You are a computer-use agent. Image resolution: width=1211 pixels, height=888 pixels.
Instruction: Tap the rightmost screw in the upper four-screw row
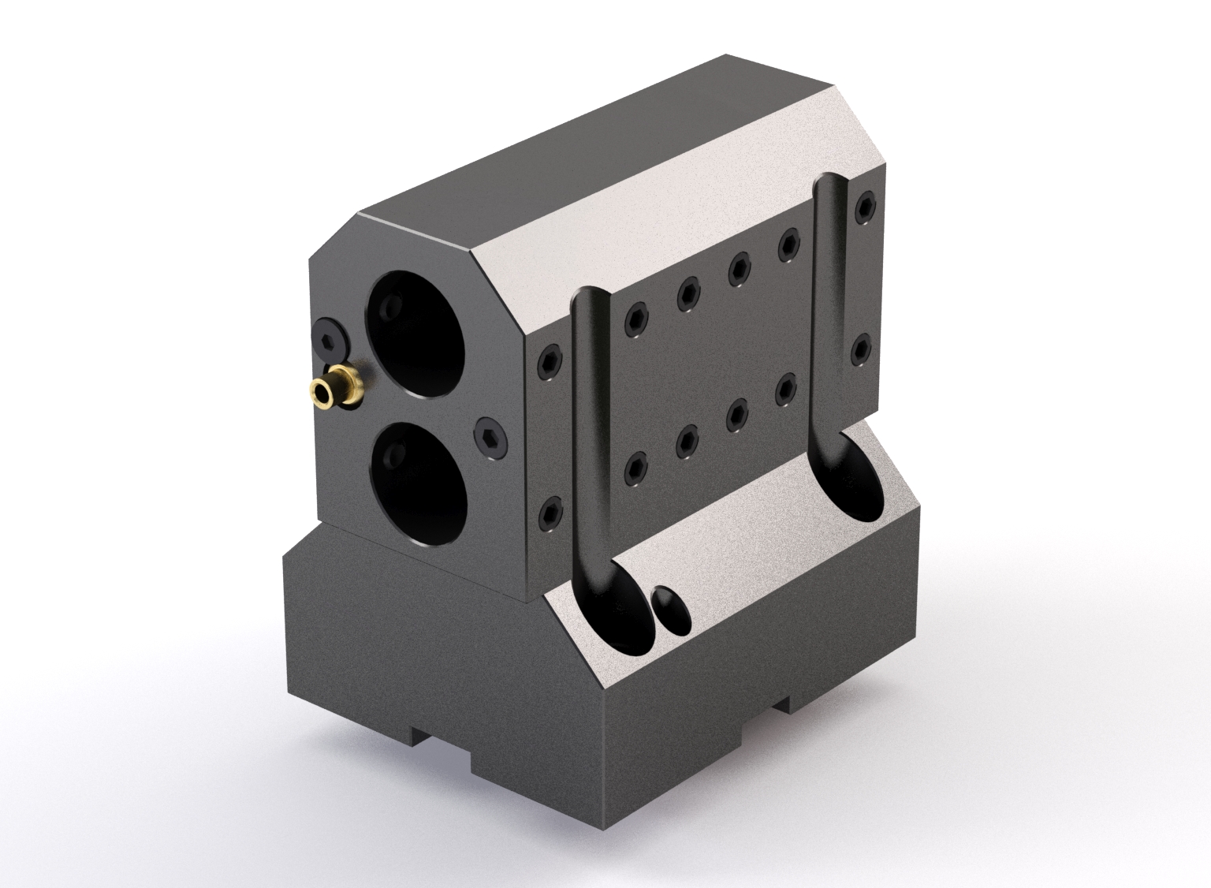coord(788,244)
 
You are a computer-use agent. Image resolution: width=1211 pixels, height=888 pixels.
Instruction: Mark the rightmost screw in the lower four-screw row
coord(786,387)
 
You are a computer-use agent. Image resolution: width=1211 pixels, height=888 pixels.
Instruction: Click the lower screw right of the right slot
coord(863,348)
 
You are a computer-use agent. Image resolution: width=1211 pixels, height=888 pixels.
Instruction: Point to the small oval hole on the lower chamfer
coord(672,608)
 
